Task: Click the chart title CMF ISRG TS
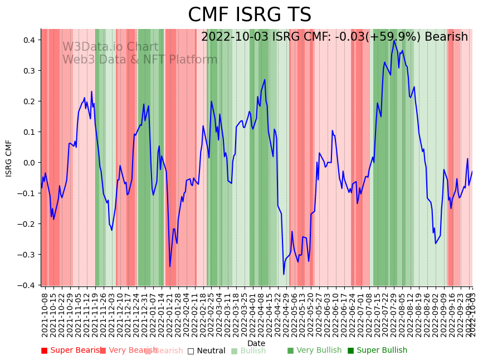click(x=250, y=15)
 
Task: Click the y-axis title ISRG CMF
click(x=9, y=158)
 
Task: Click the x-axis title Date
click(x=256, y=343)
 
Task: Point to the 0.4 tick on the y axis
click(x=30, y=40)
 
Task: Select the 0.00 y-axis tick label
click(x=28, y=163)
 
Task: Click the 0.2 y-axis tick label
click(x=30, y=101)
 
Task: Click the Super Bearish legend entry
click(x=71, y=351)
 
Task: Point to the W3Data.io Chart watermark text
click(x=110, y=47)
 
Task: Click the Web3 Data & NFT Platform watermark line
click(x=140, y=60)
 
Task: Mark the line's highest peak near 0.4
click(x=394, y=40)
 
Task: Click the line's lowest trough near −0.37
click(x=284, y=274)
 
